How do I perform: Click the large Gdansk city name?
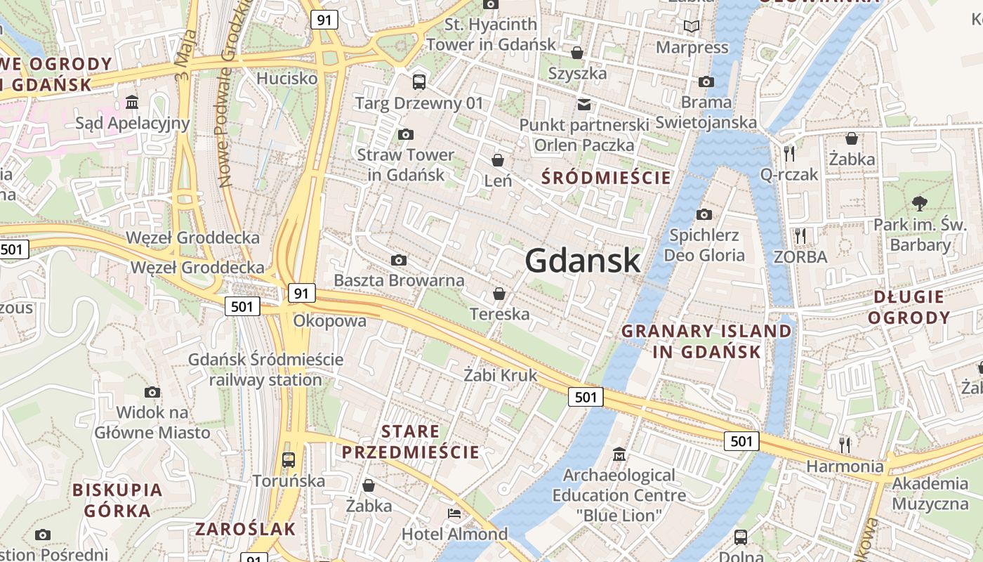coord(582,261)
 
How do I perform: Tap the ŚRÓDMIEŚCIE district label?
coord(607,178)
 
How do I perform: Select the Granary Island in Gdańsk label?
coord(706,341)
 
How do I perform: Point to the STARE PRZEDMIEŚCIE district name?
coord(411,441)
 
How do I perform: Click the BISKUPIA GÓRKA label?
coord(117,500)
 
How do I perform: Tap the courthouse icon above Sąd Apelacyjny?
coord(132,103)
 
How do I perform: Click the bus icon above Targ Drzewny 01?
coord(419,81)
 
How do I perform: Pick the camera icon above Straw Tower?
coord(405,134)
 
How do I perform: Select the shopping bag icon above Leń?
coord(498,160)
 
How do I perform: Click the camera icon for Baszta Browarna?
coord(399,261)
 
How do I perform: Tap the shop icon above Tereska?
coord(499,293)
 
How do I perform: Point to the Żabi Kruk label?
coord(500,375)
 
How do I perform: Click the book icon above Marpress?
coord(692,27)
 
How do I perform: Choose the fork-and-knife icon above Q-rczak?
coord(789,152)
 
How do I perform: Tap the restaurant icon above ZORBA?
coord(800,235)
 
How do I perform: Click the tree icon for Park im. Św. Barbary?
coord(919,204)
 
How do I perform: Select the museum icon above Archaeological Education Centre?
coord(619,455)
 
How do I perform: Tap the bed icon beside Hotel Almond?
coord(454,514)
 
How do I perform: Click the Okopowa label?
coord(330,321)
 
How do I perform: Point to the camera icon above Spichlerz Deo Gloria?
coord(704,214)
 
